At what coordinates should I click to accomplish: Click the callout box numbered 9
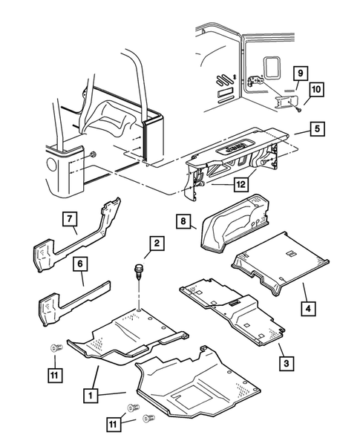[x=300, y=73]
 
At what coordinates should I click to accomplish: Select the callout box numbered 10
[x=316, y=90]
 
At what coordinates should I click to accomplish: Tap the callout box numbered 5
[x=317, y=128]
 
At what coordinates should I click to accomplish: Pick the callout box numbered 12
[x=241, y=184]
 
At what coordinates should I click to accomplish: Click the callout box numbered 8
[x=183, y=221]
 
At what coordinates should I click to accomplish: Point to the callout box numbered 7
[x=70, y=219]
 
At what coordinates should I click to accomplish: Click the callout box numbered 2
[x=157, y=243]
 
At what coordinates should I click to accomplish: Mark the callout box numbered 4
[x=308, y=309]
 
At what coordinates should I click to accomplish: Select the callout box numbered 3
[x=287, y=364]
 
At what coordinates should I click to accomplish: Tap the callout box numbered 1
[x=91, y=396]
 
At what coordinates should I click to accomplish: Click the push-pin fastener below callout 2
[x=137, y=272]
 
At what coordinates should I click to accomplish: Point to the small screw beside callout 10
[x=299, y=110]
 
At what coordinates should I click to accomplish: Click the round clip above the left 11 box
[x=56, y=348]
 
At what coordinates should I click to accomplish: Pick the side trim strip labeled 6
[x=74, y=302]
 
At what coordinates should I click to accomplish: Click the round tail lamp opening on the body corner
[x=52, y=163]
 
